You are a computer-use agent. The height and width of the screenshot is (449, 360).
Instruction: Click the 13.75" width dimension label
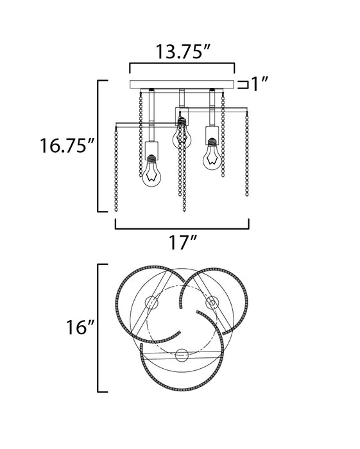[183, 51]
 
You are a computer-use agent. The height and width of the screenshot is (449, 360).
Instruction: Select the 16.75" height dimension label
[67, 146]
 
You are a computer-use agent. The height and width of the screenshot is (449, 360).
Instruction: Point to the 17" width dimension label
[183, 242]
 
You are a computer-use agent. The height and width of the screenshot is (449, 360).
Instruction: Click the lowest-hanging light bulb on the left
[151, 174]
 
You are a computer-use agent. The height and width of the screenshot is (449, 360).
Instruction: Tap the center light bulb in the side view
[182, 137]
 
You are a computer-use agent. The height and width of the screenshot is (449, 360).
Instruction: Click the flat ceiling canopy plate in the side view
[182, 85]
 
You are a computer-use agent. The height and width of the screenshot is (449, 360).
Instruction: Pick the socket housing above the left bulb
[152, 148]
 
